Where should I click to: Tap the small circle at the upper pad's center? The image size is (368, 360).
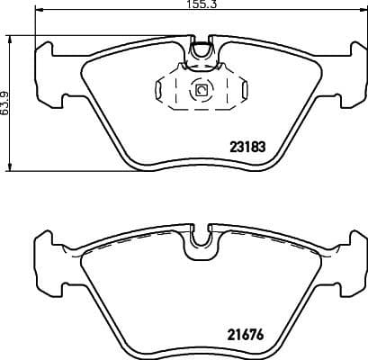[x=201, y=90]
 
